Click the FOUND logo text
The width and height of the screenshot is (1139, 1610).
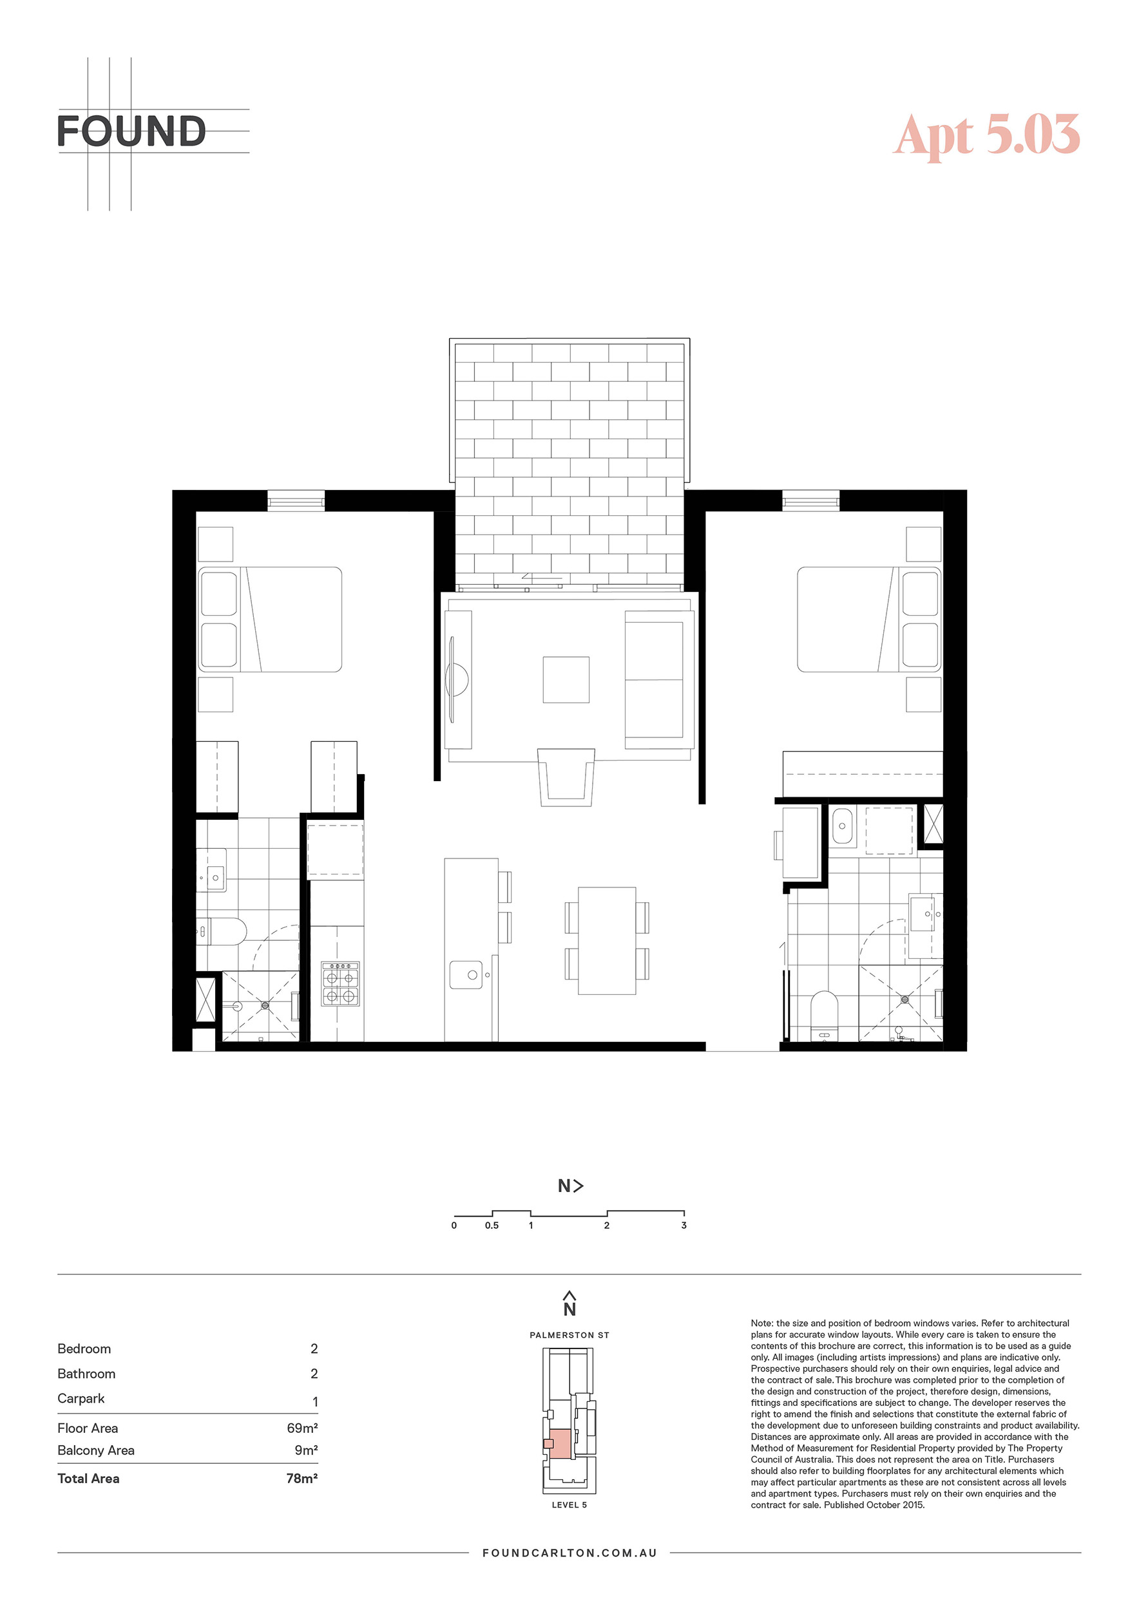(131, 131)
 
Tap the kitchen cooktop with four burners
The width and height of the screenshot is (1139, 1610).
(340, 984)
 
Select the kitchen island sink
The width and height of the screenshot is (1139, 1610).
(466, 975)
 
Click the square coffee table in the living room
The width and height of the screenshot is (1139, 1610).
(566, 679)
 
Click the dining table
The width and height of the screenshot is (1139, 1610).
(608, 940)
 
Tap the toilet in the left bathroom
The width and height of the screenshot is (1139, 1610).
(221, 932)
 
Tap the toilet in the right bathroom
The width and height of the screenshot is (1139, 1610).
(824, 1016)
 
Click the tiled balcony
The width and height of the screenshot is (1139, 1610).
(569, 464)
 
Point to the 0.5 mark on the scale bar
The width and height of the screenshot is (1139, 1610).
(492, 1225)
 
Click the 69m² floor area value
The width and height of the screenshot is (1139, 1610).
(302, 1428)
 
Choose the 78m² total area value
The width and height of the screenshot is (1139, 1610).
(302, 1478)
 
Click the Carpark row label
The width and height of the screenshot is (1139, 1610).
(81, 1398)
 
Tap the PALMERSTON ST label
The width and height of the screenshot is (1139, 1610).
(569, 1335)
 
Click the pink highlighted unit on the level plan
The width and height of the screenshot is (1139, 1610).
(559, 1444)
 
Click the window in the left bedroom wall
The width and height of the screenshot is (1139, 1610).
(296, 500)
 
